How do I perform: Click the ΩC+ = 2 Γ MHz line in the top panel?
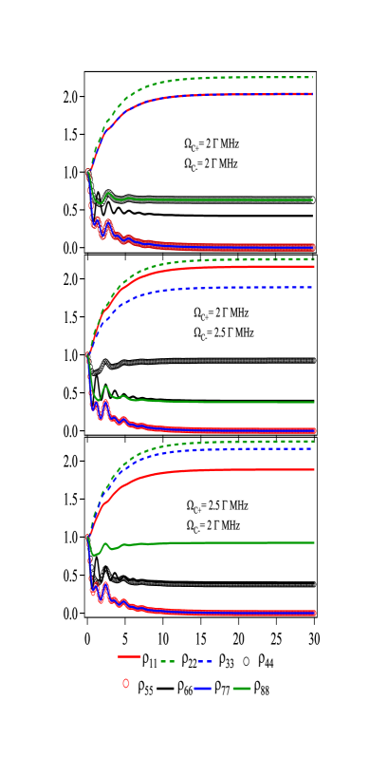[212, 144]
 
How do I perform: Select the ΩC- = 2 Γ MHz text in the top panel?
[212, 163]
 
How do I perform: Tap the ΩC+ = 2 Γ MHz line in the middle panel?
[221, 312]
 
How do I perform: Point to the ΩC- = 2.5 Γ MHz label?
[224, 333]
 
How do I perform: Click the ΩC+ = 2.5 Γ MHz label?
[217, 505]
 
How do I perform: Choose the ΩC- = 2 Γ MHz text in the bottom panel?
[213, 525]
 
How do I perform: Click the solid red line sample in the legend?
[129, 656]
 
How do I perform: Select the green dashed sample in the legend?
[168, 661]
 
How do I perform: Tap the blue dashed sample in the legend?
[204, 661]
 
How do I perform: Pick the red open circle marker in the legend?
[126, 683]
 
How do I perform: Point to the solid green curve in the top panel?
[237, 199]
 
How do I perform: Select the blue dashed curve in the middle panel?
[237, 288]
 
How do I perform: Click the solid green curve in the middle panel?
[237, 402]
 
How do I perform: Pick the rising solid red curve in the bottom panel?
[237, 470]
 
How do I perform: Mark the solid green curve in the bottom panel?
[237, 542]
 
